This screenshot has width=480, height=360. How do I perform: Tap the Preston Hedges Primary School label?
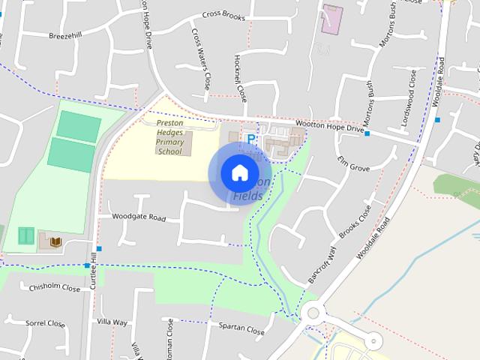point(169,136)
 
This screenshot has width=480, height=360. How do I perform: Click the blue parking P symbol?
point(252,139)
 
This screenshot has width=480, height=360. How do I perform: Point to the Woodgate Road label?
point(138,217)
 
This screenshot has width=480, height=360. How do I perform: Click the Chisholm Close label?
point(54,288)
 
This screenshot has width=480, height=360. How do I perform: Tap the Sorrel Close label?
point(46,323)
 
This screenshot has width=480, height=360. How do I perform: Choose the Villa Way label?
point(112,322)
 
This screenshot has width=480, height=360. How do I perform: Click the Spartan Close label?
point(242,329)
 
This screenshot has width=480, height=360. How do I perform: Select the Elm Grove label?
point(354,163)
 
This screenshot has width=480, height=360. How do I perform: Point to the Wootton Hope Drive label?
point(330,128)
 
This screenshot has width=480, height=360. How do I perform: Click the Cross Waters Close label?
point(200,58)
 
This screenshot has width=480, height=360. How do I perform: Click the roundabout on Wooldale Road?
point(313,313)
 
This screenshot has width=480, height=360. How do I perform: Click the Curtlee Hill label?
point(94,267)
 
